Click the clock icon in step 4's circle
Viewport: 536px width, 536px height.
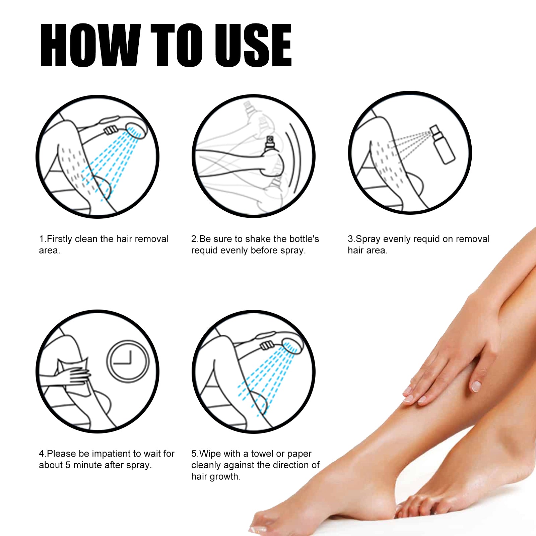tap(127, 361)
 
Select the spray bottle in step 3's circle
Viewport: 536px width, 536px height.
tap(442, 145)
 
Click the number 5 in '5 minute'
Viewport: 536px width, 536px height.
tap(68, 465)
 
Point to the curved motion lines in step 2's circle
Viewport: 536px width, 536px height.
tap(294, 157)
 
